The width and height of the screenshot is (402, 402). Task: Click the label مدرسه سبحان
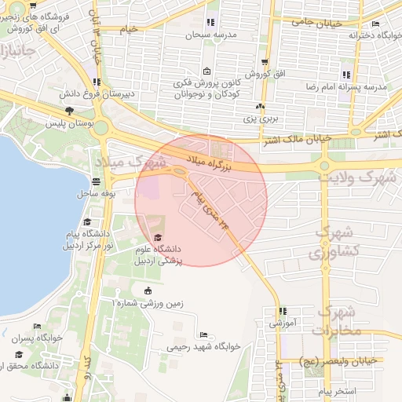click(210, 35)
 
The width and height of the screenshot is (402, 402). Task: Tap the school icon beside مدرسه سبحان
click(210, 23)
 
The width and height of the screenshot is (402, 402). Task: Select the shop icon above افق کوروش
click(265, 62)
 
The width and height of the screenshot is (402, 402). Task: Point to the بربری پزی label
click(260, 119)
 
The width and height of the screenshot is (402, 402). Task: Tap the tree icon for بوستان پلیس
click(70, 111)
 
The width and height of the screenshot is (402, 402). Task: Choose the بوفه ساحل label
click(97, 192)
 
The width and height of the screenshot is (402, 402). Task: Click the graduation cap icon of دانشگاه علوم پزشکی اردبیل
click(158, 238)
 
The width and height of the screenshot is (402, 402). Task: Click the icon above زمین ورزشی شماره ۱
click(148, 292)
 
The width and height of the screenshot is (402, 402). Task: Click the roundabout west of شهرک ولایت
click(323, 165)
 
